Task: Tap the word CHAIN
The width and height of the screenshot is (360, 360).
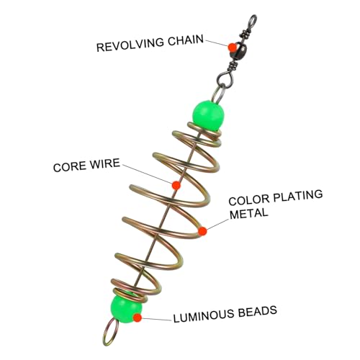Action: [x=186, y=40]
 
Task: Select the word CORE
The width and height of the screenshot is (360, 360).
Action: [x=69, y=166]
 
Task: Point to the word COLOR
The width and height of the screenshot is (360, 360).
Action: [x=249, y=199]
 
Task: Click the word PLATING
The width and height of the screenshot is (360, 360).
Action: [x=298, y=195]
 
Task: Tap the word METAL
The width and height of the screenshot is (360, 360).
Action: [x=248, y=213]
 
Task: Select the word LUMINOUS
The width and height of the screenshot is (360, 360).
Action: [x=204, y=315]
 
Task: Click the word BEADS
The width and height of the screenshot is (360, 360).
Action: [x=258, y=311]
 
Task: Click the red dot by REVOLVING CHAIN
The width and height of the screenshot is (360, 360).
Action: [x=232, y=48]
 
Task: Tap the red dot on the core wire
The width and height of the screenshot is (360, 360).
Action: [x=176, y=185]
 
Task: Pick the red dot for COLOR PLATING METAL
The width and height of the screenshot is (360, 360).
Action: [x=202, y=231]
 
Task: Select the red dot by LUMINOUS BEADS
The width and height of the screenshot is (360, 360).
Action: [x=138, y=318]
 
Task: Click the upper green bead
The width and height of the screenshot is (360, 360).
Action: [x=208, y=115]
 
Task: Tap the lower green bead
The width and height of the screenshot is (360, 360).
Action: [x=126, y=308]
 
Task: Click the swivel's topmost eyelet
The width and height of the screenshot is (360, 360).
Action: [x=253, y=19]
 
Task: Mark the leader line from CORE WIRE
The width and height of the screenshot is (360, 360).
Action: [x=147, y=174]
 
